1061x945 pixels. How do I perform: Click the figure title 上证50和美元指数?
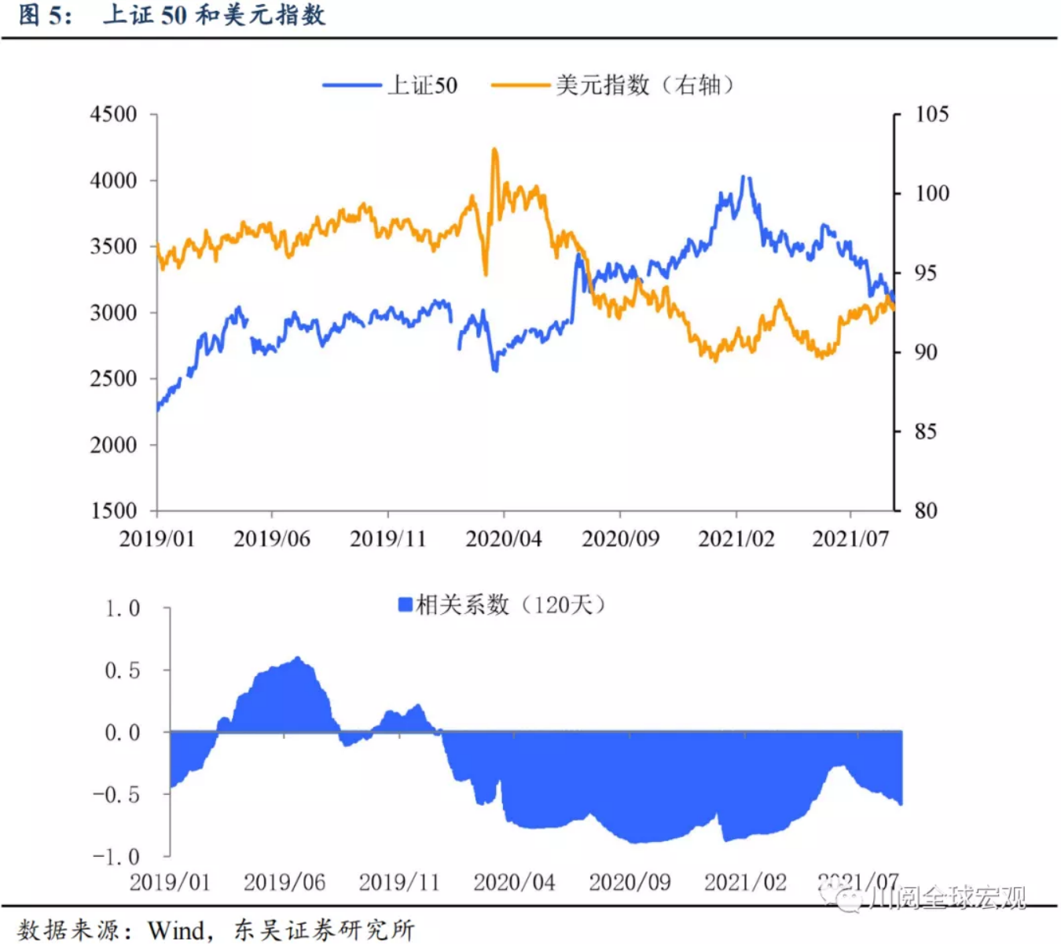tap(214, 15)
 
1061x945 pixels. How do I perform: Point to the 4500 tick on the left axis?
tap(113, 115)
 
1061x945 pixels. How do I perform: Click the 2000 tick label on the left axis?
tap(113, 445)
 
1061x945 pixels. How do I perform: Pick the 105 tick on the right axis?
tap(931, 115)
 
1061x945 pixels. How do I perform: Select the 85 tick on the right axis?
tap(926, 432)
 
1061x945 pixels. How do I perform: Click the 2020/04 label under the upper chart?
tap(504, 539)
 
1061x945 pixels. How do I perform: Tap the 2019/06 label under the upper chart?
tap(272, 539)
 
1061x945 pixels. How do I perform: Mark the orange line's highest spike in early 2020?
tap(494, 149)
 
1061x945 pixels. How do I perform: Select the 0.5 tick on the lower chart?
tap(123, 671)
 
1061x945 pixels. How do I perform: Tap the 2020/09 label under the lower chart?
tap(630, 882)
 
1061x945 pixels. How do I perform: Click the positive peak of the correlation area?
tap(297, 658)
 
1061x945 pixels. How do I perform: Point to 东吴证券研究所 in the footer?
tap(324, 930)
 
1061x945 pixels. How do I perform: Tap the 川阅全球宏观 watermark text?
tap(947, 898)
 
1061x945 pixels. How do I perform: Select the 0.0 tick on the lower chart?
tap(123, 733)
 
